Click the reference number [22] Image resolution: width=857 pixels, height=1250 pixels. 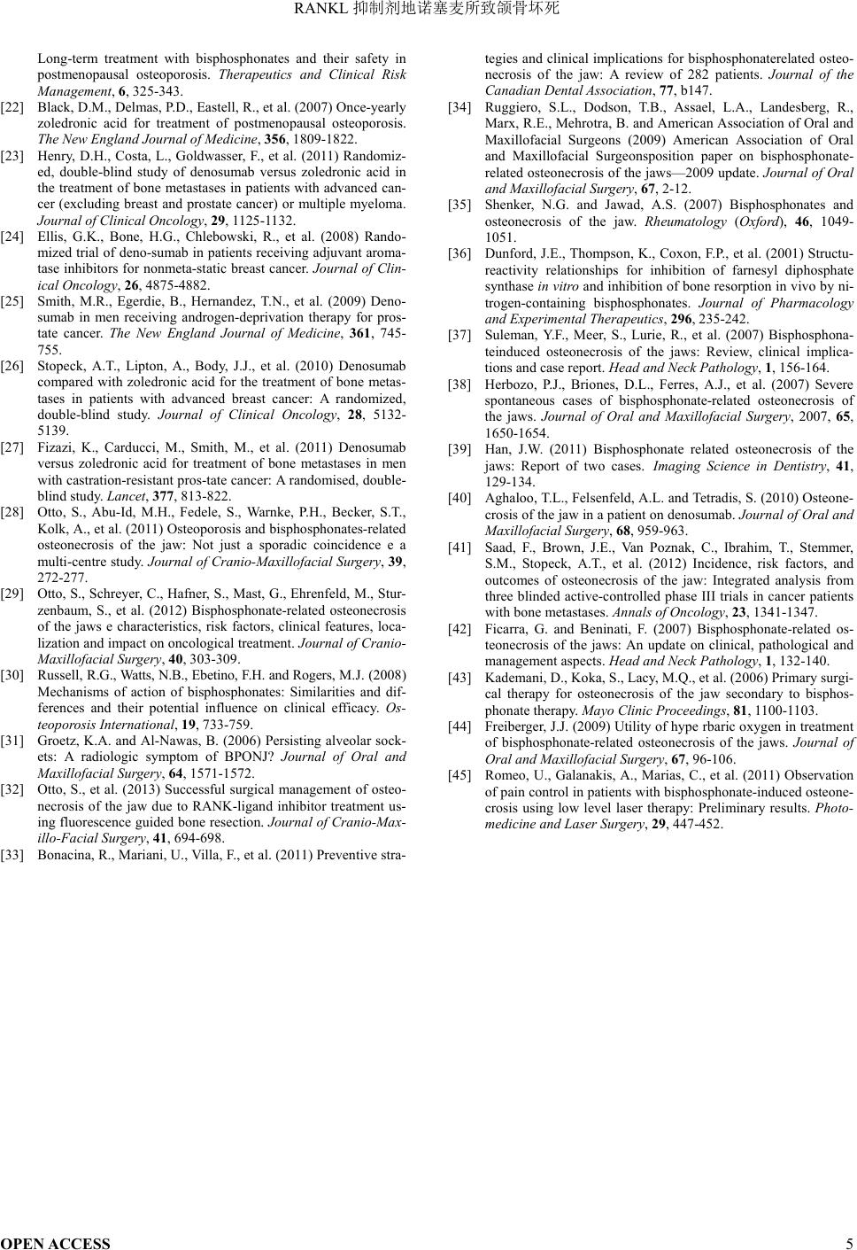click(12, 107)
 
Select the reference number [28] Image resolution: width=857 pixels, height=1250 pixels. click(12, 512)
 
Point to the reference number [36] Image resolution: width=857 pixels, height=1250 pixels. click(459, 253)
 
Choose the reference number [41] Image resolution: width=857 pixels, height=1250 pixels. click(459, 547)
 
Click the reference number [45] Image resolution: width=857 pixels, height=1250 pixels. click(459, 775)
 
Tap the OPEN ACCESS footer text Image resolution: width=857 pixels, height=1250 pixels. click(56, 1243)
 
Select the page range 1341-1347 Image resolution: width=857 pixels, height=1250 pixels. click(785, 612)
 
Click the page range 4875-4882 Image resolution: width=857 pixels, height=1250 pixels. click(181, 285)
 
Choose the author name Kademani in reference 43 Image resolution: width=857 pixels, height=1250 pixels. click(512, 678)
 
